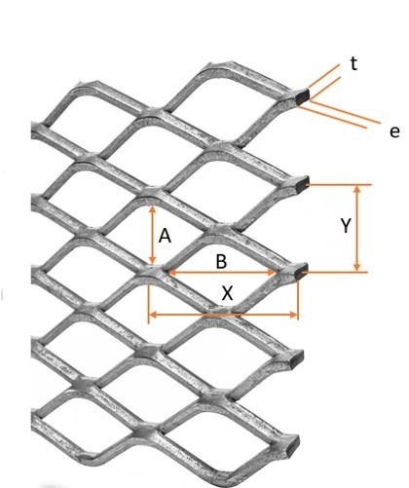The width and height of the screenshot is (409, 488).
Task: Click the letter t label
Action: (353, 63)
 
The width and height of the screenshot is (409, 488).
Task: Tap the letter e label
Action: (394, 132)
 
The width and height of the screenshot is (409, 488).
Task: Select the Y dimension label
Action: (346, 226)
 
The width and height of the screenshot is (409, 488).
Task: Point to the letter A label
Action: (165, 236)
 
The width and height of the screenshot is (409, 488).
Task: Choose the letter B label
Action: (221, 261)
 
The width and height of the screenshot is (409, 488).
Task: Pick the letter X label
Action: (227, 293)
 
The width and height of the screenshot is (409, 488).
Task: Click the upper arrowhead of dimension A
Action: (152, 209)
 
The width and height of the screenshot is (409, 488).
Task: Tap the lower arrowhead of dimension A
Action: (152, 260)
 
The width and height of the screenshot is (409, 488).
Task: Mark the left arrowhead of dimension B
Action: (172, 272)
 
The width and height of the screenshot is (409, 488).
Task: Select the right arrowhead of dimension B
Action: (272, 272)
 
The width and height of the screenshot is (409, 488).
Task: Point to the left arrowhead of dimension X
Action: (153, 315)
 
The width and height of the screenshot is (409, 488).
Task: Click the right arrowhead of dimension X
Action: (293, 315)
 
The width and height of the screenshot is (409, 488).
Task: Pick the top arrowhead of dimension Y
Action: (357, 189)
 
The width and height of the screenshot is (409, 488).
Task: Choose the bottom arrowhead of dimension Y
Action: (357, 267)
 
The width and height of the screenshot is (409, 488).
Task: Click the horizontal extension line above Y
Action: (339, 185)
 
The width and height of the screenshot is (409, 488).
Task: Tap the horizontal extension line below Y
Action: (335, 272)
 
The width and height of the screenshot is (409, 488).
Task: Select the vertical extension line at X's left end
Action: (149, 304)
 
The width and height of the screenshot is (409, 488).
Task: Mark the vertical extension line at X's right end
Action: (298, 299)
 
